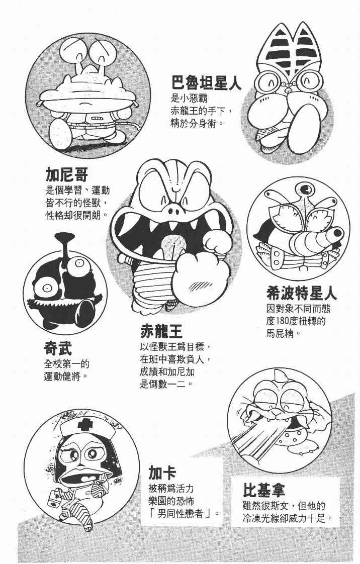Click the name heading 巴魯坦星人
click(206, 83)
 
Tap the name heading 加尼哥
click(67, 175)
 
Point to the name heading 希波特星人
click(301, 293)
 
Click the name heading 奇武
click(58, 348)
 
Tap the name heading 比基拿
click(264, 490)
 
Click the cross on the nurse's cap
click(85, 426)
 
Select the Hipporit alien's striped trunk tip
click(338, 233)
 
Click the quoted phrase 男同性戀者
click(181, 513)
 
